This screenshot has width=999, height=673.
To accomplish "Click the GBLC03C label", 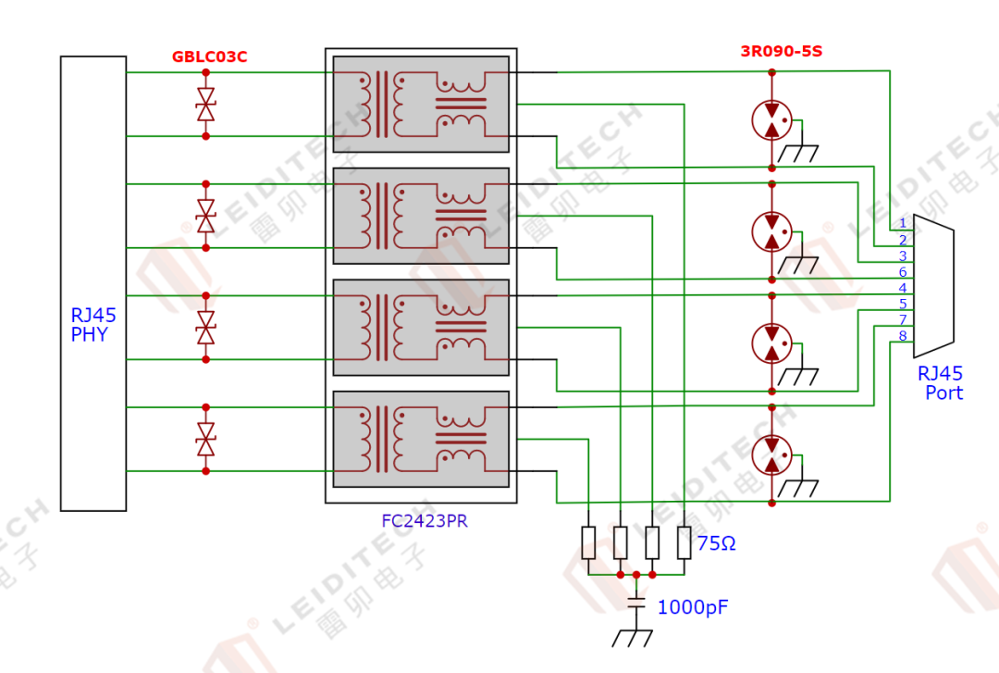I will tap(209, 57).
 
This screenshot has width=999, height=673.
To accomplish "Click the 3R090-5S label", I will tap(781, 52).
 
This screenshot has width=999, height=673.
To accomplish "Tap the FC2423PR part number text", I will tap(425, 521).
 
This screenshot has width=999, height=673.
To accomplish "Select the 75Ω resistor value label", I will tap(717, 544).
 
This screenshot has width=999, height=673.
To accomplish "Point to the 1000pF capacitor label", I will tap(692, 608).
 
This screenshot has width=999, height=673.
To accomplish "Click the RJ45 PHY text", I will tap(93, 326).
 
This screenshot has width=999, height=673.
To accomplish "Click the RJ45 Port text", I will tap(941, 383).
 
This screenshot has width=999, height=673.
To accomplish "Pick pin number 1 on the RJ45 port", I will tap(903, 223).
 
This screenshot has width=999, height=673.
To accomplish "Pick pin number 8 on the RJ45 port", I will tap(903, 335).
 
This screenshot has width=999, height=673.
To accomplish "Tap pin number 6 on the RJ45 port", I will tap(903, 272).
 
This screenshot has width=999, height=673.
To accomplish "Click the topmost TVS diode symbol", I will tap(205, 104).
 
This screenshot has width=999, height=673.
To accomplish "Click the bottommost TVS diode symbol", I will tap(205, 439).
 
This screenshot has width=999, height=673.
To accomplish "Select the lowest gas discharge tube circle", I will tap(771, 455).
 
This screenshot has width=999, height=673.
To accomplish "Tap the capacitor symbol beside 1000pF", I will tap(636, 603).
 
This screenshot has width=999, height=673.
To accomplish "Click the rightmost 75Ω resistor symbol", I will tap(684, 542).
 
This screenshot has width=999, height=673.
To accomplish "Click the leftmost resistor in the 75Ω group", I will tap(588, 542).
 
